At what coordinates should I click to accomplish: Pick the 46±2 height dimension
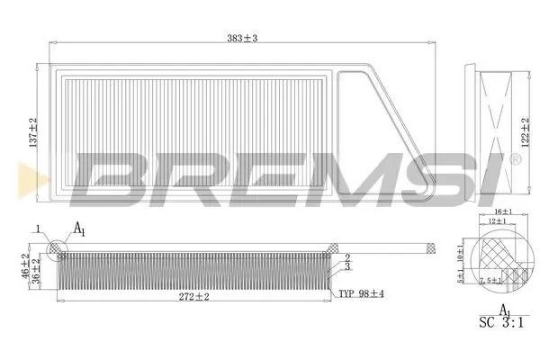(x=25, y=266)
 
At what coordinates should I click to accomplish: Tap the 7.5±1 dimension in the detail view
(x=491, y=282)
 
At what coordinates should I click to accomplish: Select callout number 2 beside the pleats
(x=346, y=257)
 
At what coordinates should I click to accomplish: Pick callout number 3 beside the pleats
(x=346, y=266)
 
